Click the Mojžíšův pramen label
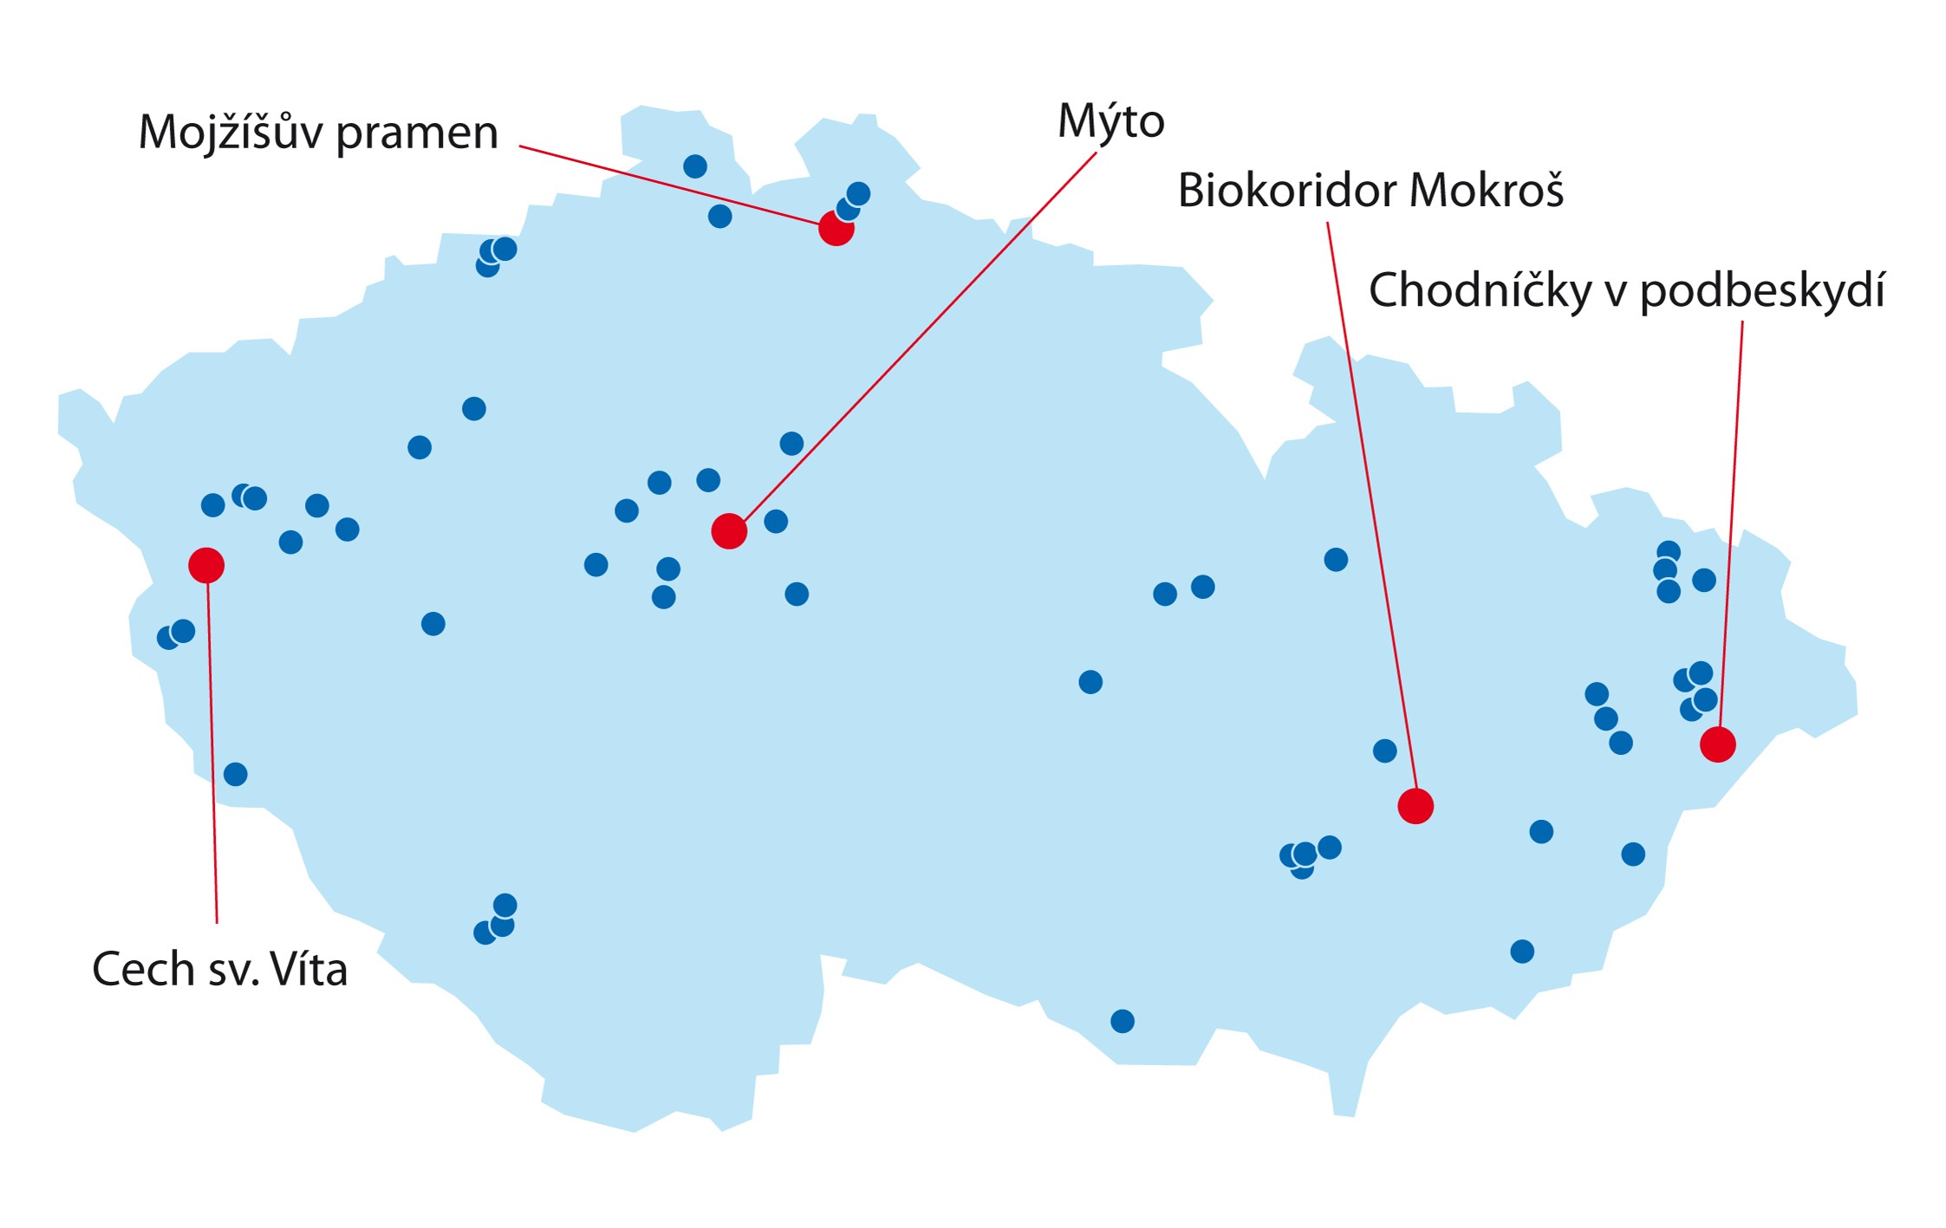[x=318, y=133]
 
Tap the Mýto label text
[x=1110, y=121]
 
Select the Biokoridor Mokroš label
[x=1370, y=190]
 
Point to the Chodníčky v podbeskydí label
[x=1626, y=289]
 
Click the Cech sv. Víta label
[x=219, y=969]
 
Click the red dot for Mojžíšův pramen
[x=836, y=228]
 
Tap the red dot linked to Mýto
[x=729, y=531]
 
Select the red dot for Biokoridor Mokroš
[x=1416, y=806]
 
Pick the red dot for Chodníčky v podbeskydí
[x=1717, y=744]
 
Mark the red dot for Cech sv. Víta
[x=206, y=565]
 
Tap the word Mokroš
[x=1487, y=190]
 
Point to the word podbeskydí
[x=1762, y=291]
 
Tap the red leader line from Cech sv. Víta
[x=212, y=745]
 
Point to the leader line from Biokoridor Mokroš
[x=1371, y=511]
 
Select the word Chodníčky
[x=1480, y=289]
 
